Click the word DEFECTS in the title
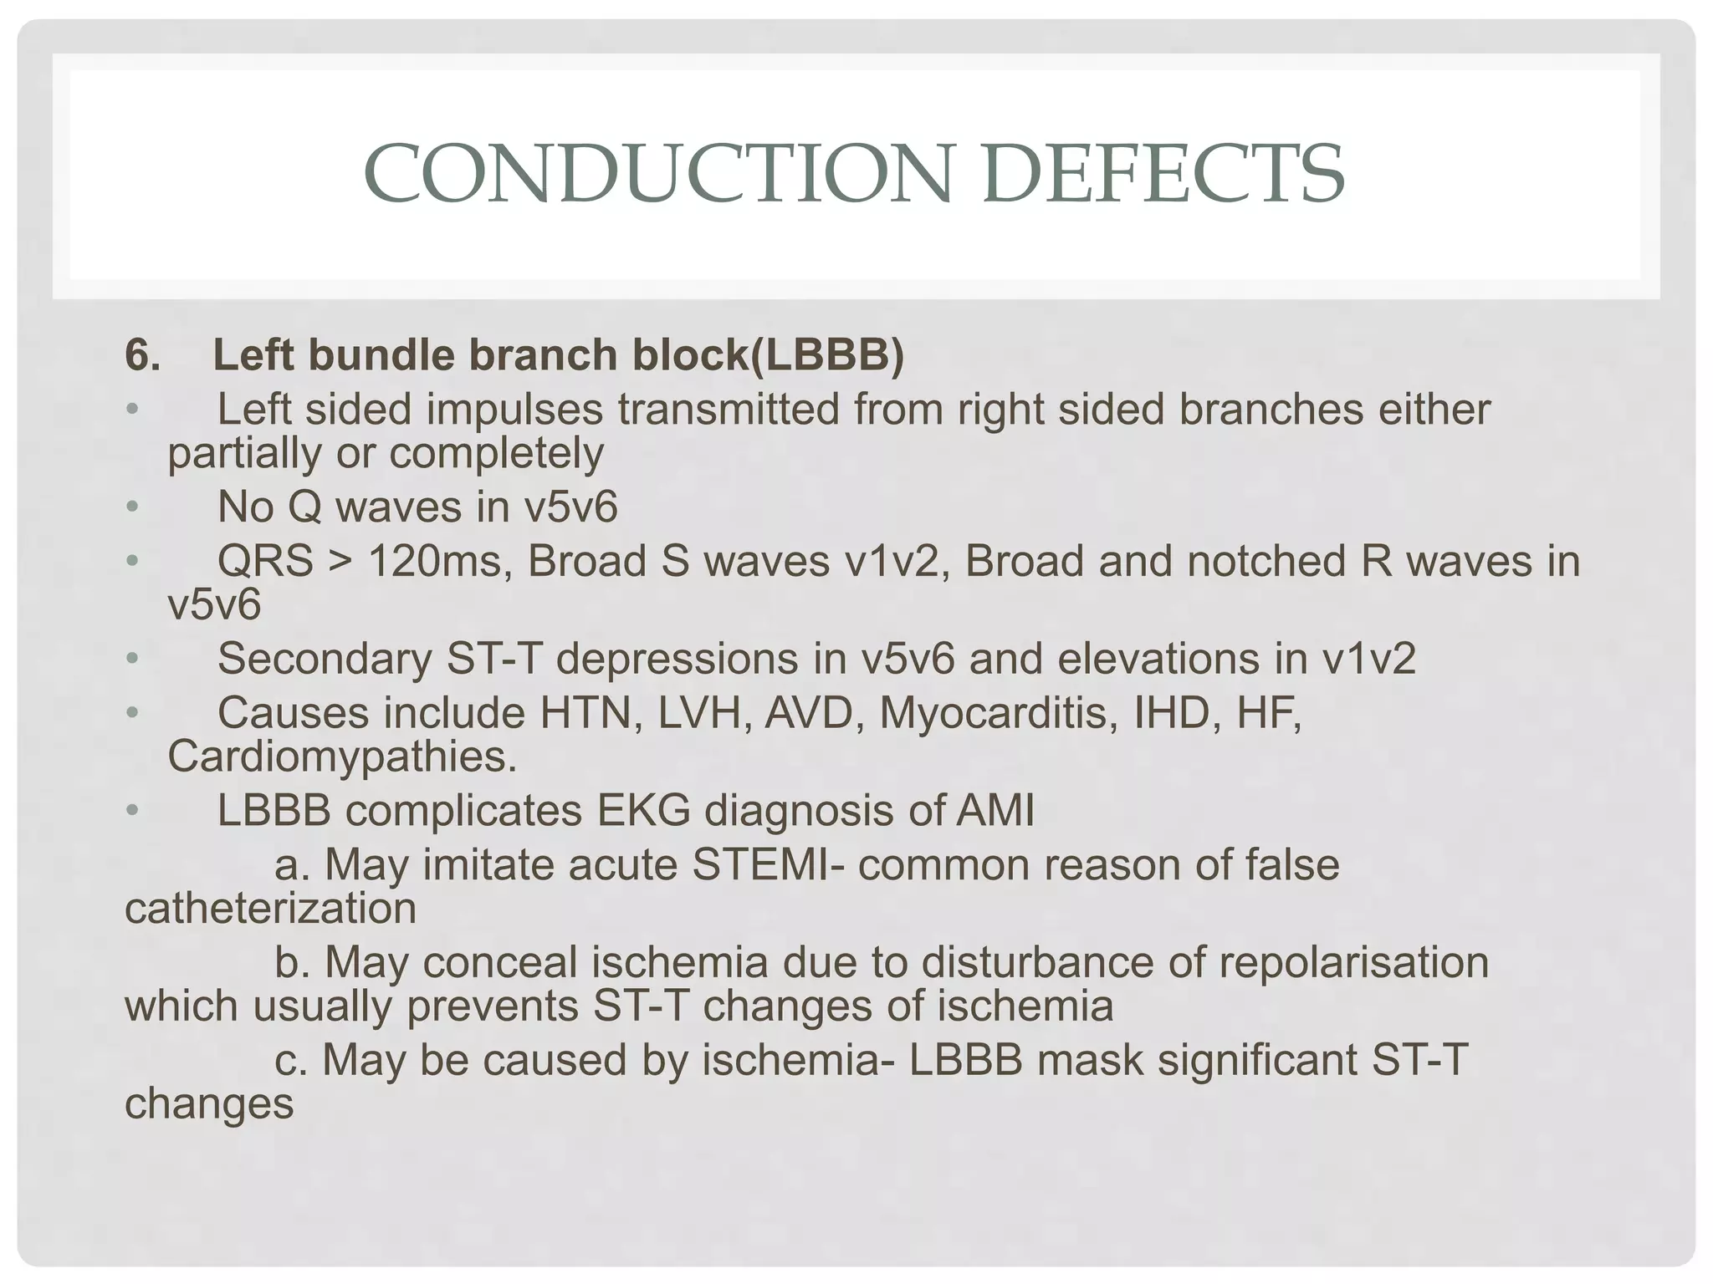click(1163, 174)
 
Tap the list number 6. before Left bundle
click(143, 355)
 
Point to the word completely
click(496, 454)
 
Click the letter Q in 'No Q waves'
click(307, 507)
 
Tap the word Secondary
click(324, 659)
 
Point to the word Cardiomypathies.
click(342, 757)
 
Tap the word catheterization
click(270, 909)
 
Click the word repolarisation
click(1353, 963)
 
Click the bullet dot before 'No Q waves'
click(131, 507)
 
